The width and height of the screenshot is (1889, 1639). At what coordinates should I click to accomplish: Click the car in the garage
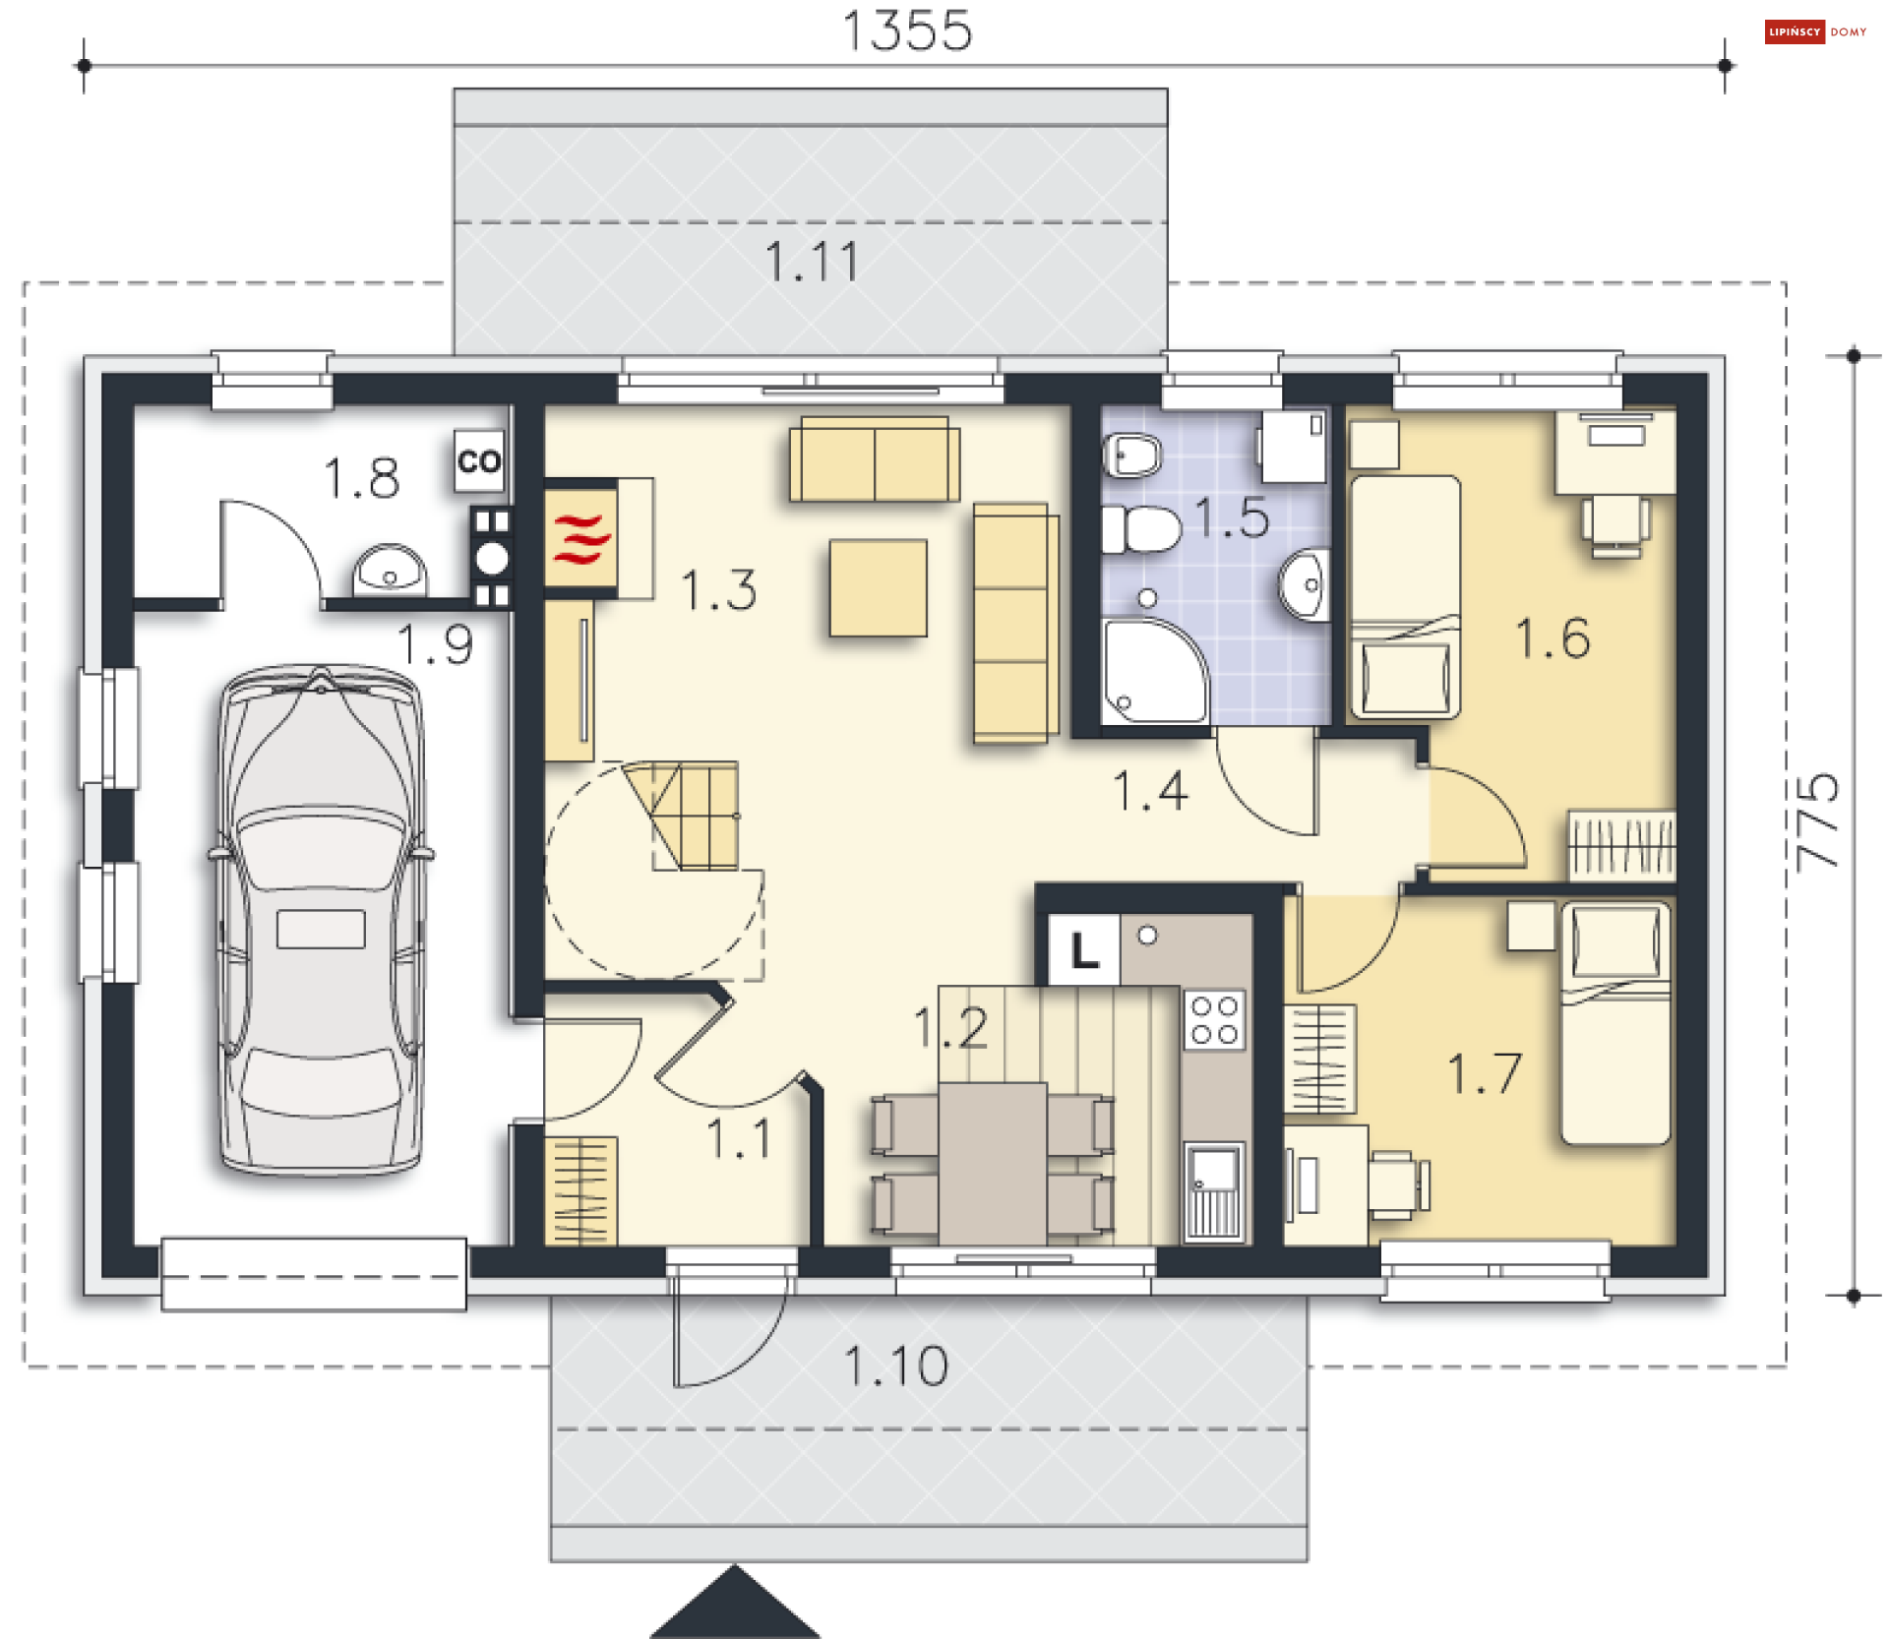pyautogui.click(x=321, y=920)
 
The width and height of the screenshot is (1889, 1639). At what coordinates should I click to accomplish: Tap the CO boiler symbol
pyautogui.click(x=479, y=460)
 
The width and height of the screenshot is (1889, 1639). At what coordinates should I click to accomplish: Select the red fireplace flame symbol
pyautogui.click(x=581, y=539)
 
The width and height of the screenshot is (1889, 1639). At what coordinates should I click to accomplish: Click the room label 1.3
pyautogui.click(x=719, y=590)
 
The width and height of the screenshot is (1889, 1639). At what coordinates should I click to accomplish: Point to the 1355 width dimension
pyautogui.click(x=908, y=30)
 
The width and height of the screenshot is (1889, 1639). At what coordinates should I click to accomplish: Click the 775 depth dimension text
pyautogui.click(x=1816, y=822)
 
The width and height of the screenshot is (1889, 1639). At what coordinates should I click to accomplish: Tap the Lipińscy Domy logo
pyautogui.click(x=1816, y=31)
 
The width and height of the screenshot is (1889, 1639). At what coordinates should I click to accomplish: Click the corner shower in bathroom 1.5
pyautogui.click(x=1154, y=671)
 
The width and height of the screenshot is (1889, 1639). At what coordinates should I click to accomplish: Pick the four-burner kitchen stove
pyautogui.click(x=1215, y=1020)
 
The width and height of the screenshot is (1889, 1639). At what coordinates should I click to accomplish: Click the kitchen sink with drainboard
pyautogui.click(x=1215, y=1190)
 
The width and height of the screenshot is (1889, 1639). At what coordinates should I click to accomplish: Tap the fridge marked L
pyautogui.click(x=1084, y=950)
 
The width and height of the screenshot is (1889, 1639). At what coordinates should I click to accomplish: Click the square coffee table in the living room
pyautogui.click(x=879, y=587)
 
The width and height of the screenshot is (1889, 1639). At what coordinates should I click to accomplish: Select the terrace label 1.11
pyautogui.click(x=813, y=262)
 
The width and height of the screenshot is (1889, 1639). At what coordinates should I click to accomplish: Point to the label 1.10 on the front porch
pyautogui.click(x=896, y=1366)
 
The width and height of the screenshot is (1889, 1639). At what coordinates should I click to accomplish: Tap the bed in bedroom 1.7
pyautogui.click(x=1615, y=1024)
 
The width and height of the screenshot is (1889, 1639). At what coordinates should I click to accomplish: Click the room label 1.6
pyautogui.click(x=1553, y=637)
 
